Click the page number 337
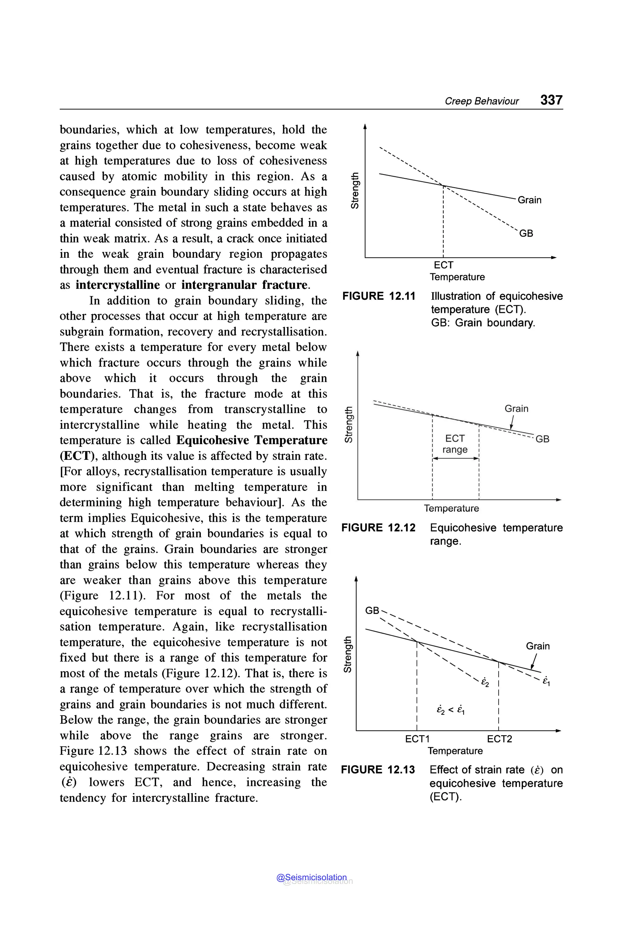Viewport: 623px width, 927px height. (551, 100)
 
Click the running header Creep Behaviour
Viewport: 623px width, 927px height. (482, 101)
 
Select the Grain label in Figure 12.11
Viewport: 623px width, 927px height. (529, 200)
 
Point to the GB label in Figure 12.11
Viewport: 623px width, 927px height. (526, 233)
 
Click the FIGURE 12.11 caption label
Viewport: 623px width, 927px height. (379, 296)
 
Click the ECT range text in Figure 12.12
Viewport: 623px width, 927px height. (455, 444)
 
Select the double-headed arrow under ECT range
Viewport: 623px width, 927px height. (455, 459)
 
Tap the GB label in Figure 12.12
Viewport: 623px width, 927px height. (542, 439)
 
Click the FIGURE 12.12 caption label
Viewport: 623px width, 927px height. (378, 528)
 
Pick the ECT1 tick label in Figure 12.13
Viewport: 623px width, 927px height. (417, 739)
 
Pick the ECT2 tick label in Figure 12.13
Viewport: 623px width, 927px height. (499, 739)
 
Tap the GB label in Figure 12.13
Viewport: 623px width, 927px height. (372, 611)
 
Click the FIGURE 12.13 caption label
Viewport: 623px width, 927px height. (378, 770)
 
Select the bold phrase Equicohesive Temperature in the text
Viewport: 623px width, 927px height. (252, 440)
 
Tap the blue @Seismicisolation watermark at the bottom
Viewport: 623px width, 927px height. (311, 877)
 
